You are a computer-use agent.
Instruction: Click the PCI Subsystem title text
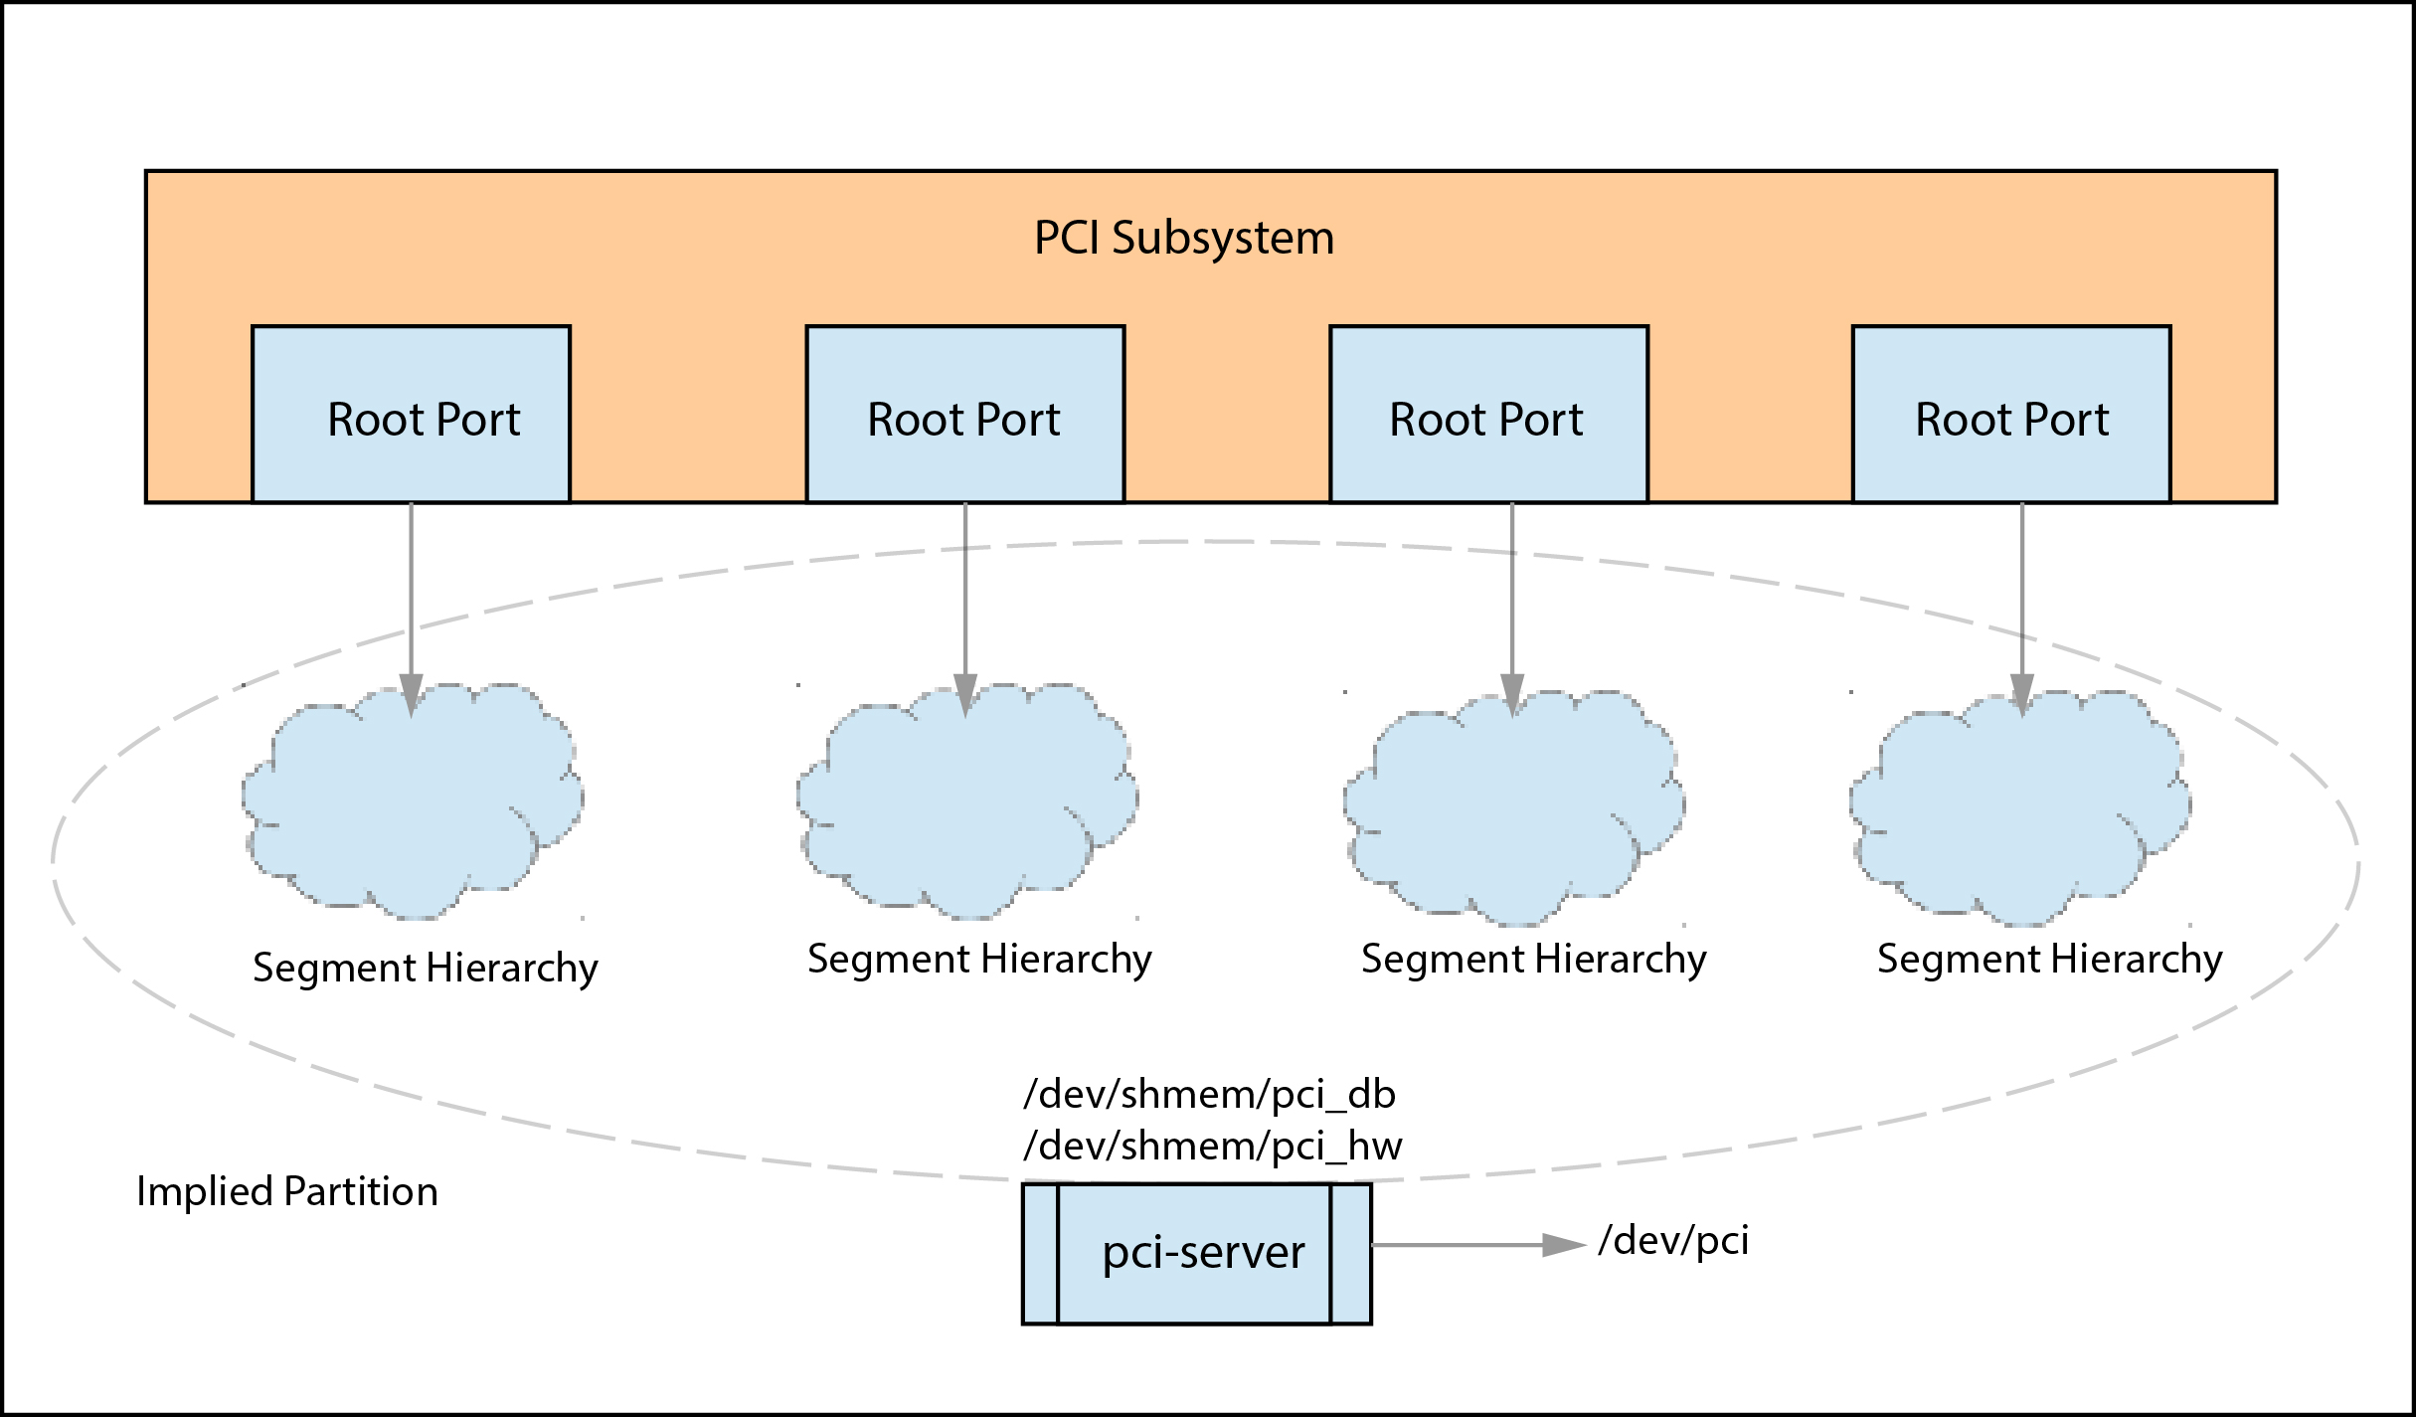[1183, 239]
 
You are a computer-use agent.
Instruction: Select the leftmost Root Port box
[411, 415]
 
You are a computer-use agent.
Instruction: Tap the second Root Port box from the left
[964, 415]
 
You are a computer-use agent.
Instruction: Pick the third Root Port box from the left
[1488, 415]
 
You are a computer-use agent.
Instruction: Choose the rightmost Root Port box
[2010, 415]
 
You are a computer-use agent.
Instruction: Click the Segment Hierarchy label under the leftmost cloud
[425, 968]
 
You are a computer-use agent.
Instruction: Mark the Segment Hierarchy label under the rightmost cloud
[2049, 960]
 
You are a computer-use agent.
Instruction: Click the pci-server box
[1197, 1253]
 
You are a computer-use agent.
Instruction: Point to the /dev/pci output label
[1673, 1241]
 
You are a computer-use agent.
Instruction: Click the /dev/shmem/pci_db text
[1209, 1094]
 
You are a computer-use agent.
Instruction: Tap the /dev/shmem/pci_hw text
[1212, 1147]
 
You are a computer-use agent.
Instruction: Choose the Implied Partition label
[286, 1191]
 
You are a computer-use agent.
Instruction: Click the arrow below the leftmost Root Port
[411, 597]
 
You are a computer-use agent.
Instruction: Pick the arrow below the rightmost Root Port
[2021, 597]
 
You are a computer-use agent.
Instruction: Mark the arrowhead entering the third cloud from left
[1512, 694]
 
